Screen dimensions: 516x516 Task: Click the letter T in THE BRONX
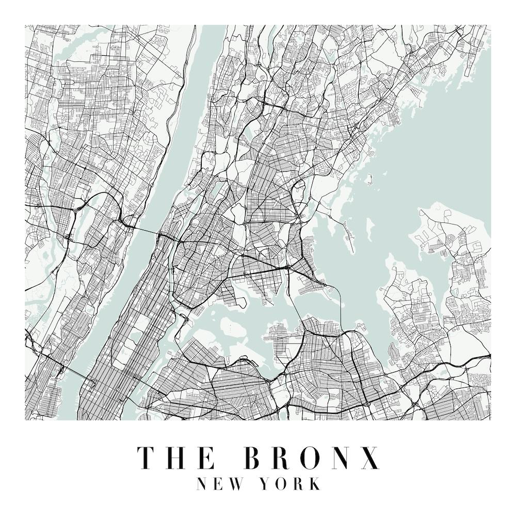point(145,457)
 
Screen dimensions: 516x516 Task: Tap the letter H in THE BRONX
point(175,457)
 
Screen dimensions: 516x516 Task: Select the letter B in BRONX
point(253,457)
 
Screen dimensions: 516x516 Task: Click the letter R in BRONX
point(282,457)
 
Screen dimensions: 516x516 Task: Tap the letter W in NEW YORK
point(242,484)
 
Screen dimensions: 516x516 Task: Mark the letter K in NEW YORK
point(314,484)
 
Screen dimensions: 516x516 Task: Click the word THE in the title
point(175,457)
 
